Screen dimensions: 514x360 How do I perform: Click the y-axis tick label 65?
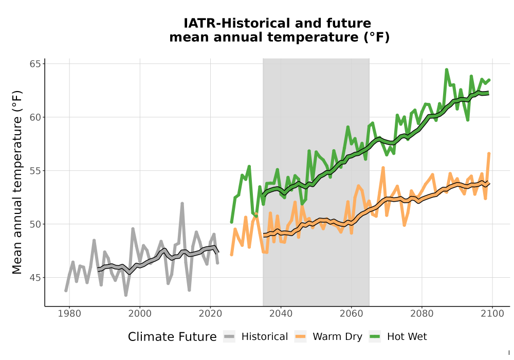35,64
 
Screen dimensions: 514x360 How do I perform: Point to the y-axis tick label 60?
35,117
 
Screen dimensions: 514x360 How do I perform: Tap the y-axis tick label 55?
35,171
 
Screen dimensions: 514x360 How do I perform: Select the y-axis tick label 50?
35,224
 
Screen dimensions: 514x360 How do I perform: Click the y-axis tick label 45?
35,278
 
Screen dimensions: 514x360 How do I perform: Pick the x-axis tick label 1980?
69,313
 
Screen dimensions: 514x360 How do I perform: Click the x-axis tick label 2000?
140,313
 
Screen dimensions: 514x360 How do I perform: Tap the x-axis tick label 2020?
210,313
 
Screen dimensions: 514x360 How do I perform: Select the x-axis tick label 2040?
281,313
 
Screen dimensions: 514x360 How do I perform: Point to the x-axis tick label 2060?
351,313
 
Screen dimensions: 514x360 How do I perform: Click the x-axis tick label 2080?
422,313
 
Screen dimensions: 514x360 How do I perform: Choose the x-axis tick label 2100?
492,313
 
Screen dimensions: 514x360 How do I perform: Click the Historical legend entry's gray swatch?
229,336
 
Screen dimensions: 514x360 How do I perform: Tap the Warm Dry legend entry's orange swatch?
300,336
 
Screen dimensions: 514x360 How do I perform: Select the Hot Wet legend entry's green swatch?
375,336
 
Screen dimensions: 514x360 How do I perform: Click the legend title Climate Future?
172,337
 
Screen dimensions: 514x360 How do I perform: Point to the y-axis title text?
17,182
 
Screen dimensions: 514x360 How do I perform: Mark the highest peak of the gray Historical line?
182,204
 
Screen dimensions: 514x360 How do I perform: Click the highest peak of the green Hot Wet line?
447,69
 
